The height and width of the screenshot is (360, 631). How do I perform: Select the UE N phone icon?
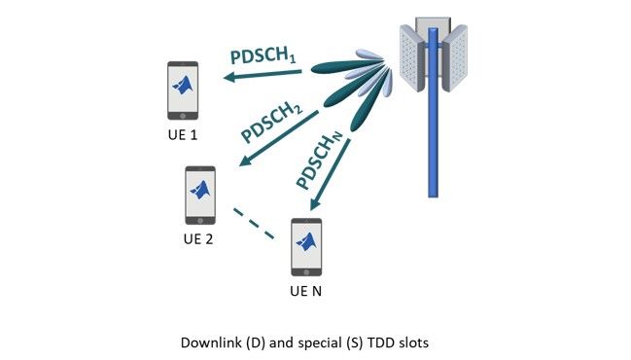coord(306,247)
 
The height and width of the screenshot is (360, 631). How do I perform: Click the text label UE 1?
coord(182,135)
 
